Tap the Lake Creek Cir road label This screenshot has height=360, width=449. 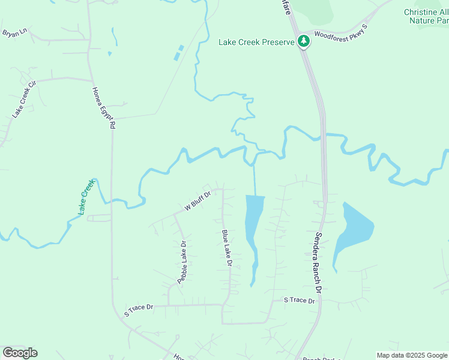pos(25,99)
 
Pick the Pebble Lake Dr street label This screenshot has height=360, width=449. pos(182,262)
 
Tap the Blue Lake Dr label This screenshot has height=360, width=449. pos(227,248)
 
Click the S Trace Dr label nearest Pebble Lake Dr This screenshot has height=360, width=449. pos(139,310)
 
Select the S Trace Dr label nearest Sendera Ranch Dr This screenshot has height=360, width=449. pos(300,300)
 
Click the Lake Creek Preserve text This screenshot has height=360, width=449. pos(257,42)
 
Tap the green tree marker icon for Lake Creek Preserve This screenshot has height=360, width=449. pos(304,41)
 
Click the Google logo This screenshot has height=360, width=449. pos(20,352)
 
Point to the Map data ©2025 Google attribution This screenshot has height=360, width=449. pos(412,355)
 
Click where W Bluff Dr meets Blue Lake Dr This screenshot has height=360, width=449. pos(223,190)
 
